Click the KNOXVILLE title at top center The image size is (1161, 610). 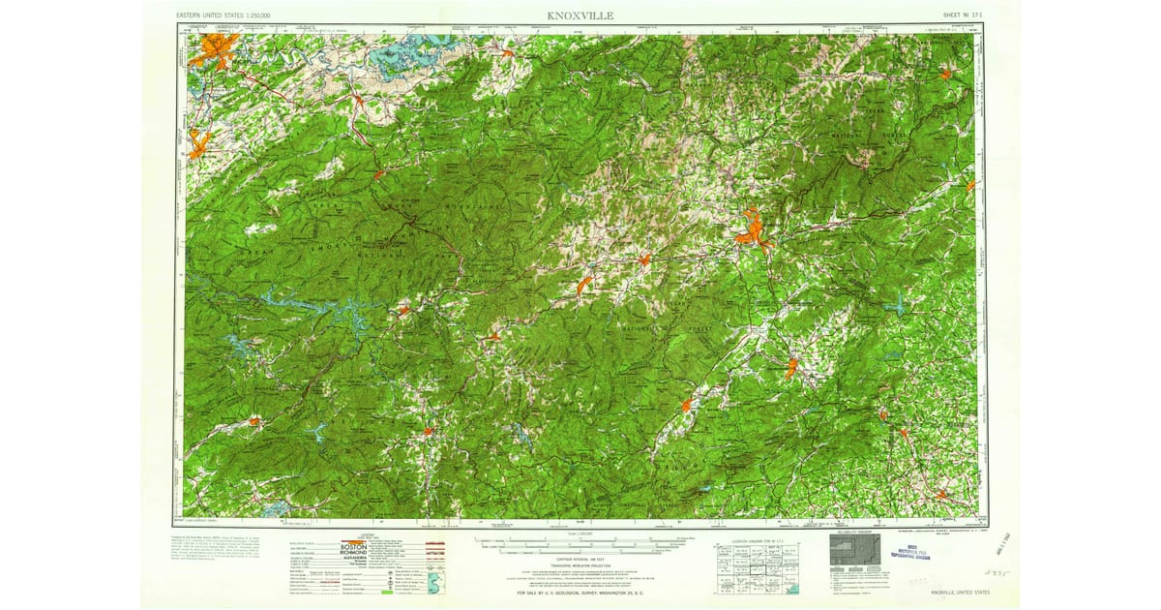(x=580, y=15)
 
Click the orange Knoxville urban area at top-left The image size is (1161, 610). (x=215, y=48)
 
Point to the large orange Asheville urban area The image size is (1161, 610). (x=750, y=230)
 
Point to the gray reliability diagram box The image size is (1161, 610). (x=854, y=559)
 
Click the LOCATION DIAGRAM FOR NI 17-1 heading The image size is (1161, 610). (x=750, y=536)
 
